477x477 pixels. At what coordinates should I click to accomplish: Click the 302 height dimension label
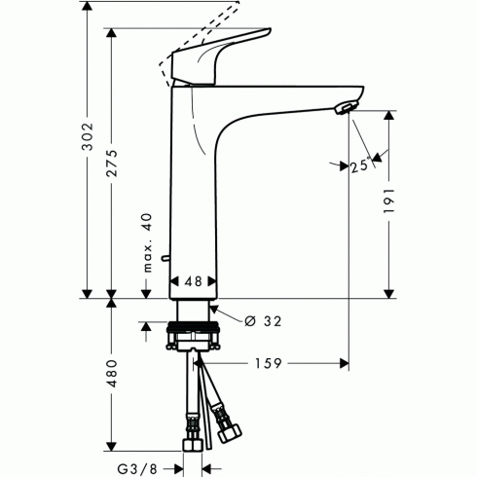click(87, 136)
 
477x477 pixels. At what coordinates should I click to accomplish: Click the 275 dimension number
click(113, 163)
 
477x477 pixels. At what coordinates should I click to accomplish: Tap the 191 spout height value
click(388, 201)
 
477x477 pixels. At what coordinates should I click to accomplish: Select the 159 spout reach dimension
click(269, 363)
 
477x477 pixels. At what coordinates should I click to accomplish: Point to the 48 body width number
click(194, 281)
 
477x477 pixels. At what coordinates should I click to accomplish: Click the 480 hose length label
click(113, 373)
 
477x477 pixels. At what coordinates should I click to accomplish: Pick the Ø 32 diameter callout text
click(263, 321)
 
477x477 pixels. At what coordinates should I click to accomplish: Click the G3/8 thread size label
click(137, 469)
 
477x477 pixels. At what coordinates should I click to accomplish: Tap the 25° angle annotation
click(360, 166)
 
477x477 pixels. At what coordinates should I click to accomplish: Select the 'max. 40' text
click(148, 242)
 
